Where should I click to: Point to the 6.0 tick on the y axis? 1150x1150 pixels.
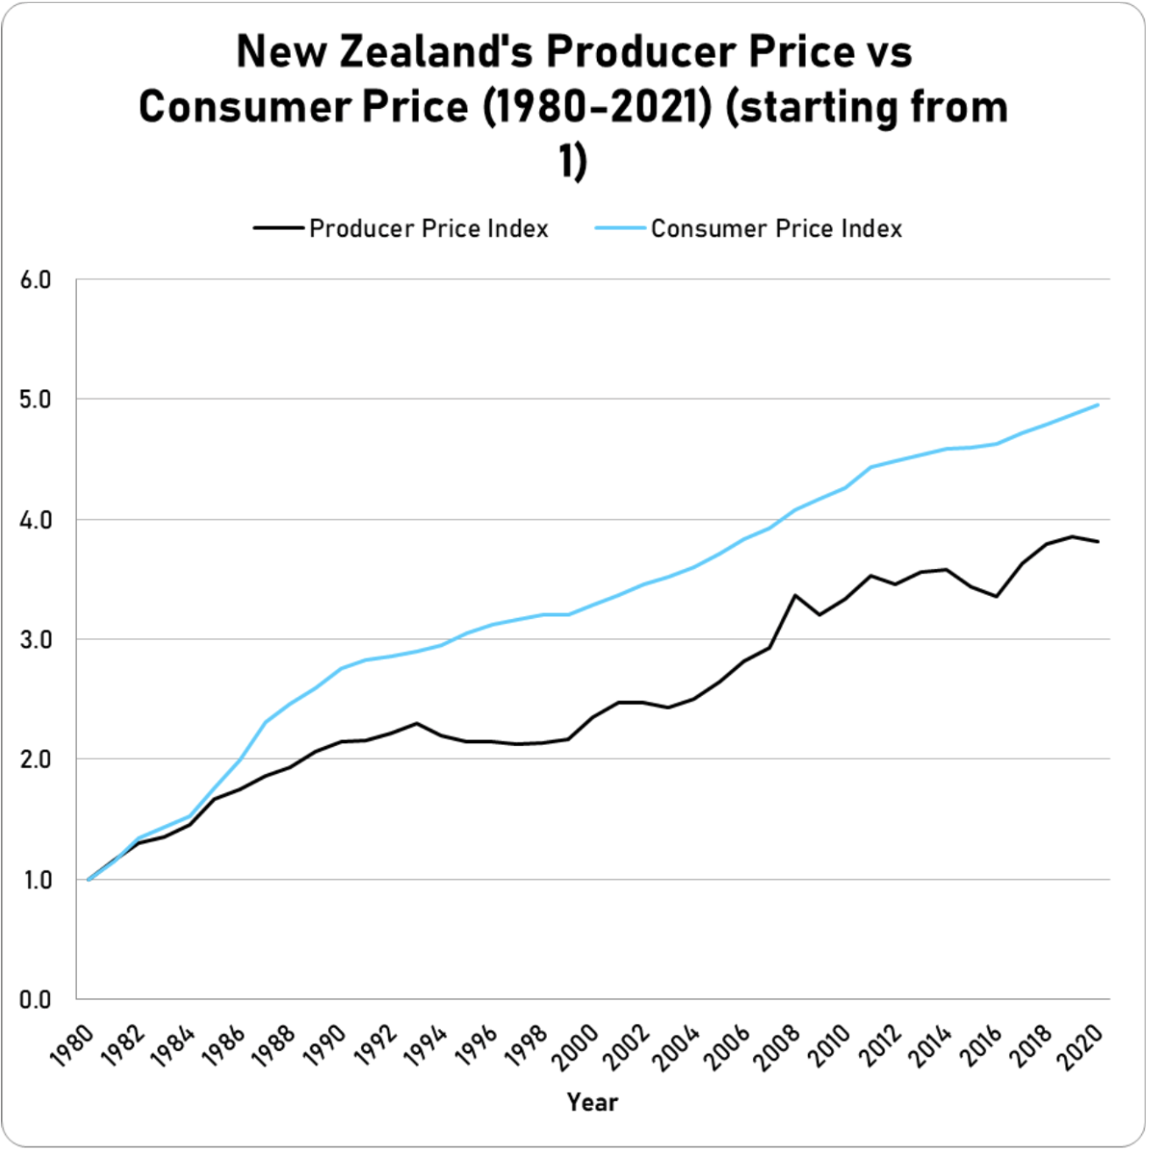click(x=36, y=280)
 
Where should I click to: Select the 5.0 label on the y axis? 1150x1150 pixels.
click(x=36, y=400)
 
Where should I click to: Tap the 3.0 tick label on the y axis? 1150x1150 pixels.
click(x=36, y=640)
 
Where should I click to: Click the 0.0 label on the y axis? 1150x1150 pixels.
click(x=36, y=1000)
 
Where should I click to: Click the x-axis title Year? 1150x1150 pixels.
click(x=593, y=1102)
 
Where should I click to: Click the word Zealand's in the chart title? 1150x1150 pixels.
click(x=439, y=52)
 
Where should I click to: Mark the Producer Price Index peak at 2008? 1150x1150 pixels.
click(x=795, y=596)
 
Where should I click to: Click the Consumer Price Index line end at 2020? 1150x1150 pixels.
click(x=1097, y=405)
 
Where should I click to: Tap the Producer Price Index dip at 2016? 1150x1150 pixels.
click(x=997, y=596)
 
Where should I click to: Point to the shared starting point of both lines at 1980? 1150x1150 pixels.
click(x=89, y=879)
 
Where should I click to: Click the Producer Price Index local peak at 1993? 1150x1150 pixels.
click(x=416, y=724)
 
